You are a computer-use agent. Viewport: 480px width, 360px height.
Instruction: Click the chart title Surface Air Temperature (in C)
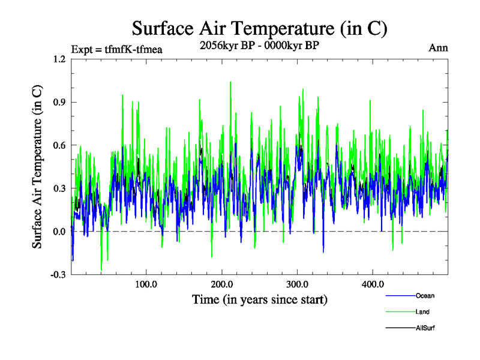pos(259,28)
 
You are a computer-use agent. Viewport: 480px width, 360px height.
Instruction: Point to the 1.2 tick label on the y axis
pos(59,59)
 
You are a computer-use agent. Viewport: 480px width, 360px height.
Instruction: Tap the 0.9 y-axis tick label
pos(59,102)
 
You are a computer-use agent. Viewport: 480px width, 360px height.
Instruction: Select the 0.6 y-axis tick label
pos(59,145)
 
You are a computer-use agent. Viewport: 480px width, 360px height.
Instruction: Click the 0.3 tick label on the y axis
pos(59,188)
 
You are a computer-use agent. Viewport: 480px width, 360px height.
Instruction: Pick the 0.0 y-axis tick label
pos(59,232)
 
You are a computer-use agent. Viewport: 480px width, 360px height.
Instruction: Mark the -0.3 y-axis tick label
pos(58,275)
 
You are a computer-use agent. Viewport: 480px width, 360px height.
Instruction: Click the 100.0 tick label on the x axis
pos(146,284)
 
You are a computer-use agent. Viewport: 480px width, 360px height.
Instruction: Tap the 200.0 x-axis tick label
pos(222,284)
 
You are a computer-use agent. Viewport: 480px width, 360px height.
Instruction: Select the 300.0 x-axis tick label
pos(298,284)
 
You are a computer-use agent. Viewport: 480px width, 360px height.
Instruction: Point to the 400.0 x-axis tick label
pos(373,284)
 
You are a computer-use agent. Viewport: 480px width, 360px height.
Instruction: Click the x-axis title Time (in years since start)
pos(260,299)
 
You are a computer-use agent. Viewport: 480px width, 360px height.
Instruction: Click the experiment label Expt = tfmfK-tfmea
pos(116,49)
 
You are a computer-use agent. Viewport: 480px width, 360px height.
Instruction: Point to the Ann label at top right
pos(438,48)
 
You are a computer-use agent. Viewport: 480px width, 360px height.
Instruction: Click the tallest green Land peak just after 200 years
pos(230,82)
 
